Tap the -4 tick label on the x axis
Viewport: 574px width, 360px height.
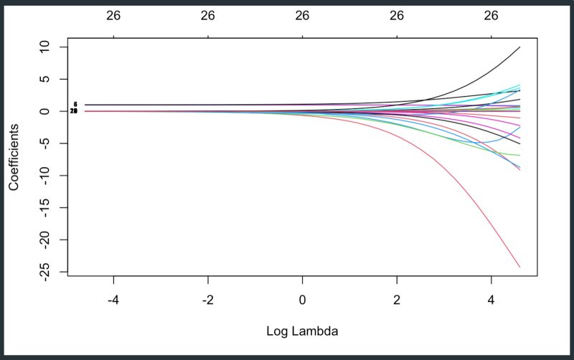tap(113, 298)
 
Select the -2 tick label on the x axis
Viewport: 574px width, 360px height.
tap(207, 298)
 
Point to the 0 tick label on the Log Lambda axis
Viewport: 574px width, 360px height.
tap(302, 298)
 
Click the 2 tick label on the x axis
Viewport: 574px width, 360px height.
tap(397, 298)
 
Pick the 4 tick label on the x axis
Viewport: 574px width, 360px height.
tap(491, 298)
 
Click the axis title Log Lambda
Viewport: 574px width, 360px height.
tap(301, 331)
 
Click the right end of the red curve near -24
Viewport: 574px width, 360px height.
tap(519, 267)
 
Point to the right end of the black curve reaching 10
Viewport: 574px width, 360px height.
tap(519, 47)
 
